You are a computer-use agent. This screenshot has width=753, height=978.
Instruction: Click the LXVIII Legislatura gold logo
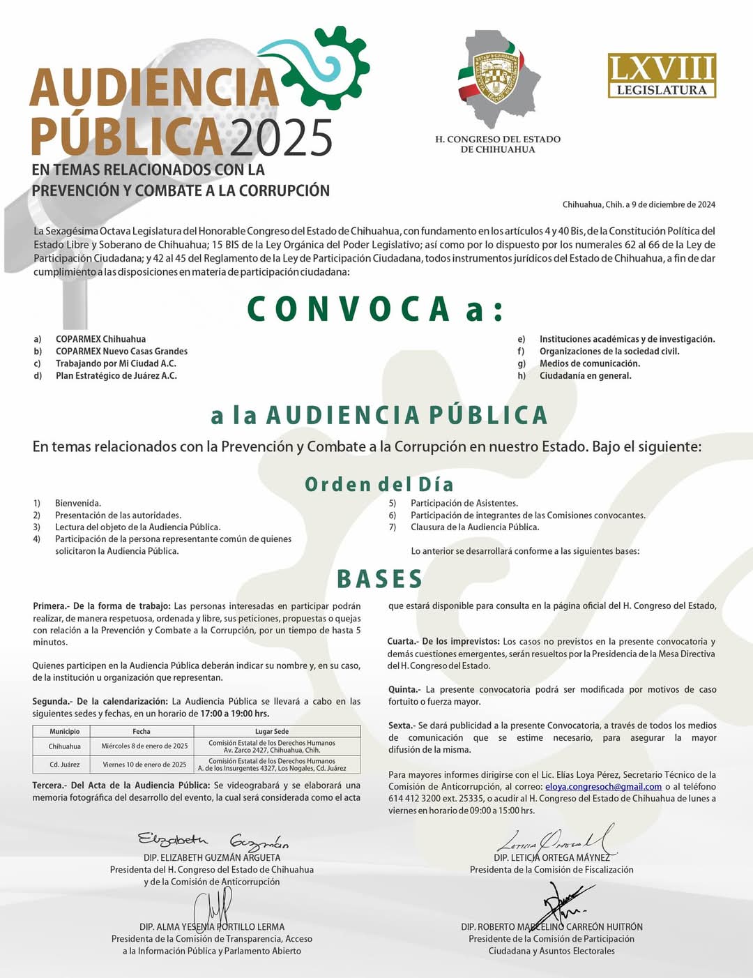(662, 75)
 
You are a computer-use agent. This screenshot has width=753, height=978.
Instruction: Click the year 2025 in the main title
(281, 137)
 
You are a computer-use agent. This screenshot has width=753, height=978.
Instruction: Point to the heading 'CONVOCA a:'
(375, 309)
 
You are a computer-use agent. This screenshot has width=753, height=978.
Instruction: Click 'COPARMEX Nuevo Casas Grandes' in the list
(121, 351)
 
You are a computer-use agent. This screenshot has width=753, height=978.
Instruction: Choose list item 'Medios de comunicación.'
(589, 363)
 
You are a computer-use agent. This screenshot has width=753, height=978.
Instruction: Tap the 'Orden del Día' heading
(379, 484)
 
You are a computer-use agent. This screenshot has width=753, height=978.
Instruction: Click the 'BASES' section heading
(380, 579)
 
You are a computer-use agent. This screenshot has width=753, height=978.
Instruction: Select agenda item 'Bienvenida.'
(78, 503)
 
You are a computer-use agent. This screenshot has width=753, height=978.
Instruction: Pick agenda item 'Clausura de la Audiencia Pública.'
(475, 527)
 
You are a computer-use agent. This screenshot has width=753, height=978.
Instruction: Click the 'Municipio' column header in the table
(65, 731)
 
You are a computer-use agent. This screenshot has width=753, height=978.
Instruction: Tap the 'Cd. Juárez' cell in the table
(65, 765)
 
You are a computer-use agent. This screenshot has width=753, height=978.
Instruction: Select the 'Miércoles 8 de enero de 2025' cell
(144, 746)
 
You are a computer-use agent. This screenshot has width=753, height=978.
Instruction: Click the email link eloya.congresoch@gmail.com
(603, 786)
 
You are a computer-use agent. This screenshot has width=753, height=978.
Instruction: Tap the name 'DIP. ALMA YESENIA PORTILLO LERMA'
(212, 926)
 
